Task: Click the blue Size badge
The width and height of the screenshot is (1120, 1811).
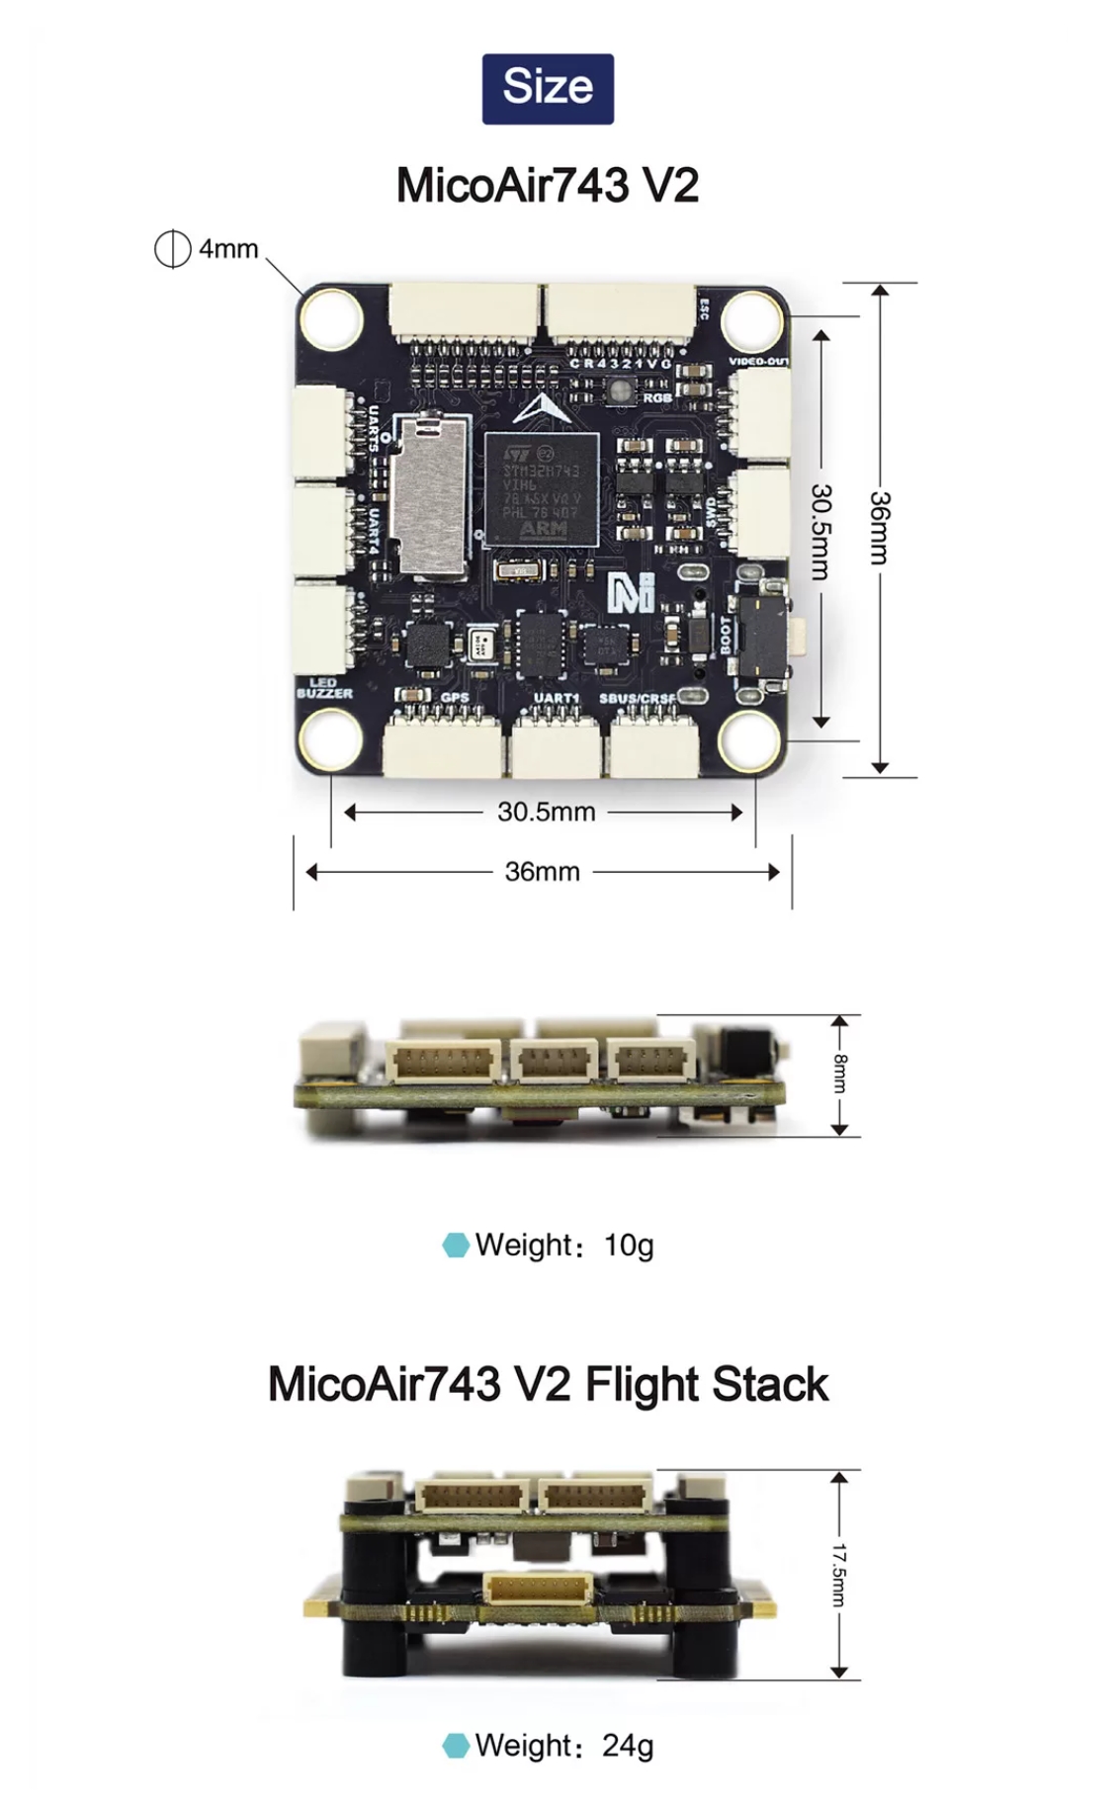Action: tap(548, 88)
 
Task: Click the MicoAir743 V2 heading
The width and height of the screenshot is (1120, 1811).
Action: tap(548, 185)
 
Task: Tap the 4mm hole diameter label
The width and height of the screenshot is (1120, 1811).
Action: tap(227, 248)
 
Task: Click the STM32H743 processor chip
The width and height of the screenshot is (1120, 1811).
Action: tap(541, 489)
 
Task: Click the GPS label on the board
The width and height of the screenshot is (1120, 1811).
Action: tap(454, 697)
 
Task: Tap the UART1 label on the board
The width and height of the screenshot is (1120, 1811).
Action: tap(556, 698)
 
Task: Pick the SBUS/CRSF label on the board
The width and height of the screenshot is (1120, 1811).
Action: tap(638, 699)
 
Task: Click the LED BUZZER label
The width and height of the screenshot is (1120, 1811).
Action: tap(324, 688)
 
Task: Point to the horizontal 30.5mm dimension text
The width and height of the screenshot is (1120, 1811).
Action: tap(546, 812)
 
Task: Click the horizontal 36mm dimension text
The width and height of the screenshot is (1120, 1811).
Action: tap(542, 871)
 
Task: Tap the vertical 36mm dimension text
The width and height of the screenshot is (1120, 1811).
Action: tap(879, 528)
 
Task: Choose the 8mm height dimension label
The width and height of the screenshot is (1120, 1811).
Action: tap(839, 1075)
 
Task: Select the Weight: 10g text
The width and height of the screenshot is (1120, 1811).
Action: tap(563, 1245)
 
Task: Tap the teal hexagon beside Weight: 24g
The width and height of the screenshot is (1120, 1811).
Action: tap(456, 1745)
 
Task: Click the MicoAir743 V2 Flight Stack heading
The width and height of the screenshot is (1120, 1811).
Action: tap(548, 1384)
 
